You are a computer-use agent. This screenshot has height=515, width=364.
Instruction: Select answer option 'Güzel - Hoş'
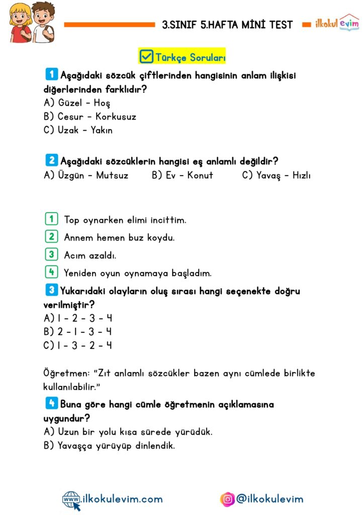tap(77, 103)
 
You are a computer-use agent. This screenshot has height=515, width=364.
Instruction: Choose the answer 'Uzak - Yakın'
tap(78, 130)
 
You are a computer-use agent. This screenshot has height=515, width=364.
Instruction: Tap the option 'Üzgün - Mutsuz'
tap(86, 175)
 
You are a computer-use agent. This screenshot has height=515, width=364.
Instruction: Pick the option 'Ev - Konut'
tap(183, 175)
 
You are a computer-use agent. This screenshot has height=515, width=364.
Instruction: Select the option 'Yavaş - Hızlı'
tap(277, 175)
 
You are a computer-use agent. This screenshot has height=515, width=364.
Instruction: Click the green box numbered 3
tap(51, 255)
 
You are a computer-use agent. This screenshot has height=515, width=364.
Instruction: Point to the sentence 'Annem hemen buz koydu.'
tap(119, 237)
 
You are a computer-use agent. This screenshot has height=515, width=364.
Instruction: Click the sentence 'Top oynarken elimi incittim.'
tap(125, 220)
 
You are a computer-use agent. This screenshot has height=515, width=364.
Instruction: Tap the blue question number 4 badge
tap(51, 403)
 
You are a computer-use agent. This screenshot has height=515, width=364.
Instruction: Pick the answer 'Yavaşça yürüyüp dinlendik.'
tap(109, 445)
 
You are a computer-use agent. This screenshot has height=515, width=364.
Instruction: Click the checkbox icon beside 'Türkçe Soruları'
tap(146, 56)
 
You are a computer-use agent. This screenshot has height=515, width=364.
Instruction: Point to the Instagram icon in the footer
tap(228, 499)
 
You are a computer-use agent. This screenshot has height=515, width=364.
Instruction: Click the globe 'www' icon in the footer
tap(71, 499)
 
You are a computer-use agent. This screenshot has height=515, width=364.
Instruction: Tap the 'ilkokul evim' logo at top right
tap(337, 23)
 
